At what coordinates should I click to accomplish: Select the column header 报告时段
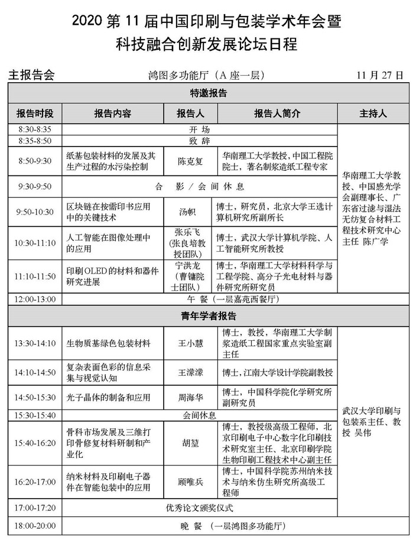(34, 113)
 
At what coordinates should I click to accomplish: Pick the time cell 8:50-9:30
(34, 160)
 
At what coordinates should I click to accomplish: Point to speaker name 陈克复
(191, 160)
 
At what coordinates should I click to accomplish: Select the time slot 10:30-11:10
(34, 242)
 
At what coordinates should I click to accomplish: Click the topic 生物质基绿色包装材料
(108, 343)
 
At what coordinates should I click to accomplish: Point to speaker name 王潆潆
(191, 372)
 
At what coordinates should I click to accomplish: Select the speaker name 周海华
(191, 398)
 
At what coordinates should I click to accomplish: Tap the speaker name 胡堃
(191, 442)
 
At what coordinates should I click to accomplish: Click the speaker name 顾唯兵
(191, 483)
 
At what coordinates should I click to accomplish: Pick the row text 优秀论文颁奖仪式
(200, 508)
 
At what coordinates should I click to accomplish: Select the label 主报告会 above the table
(31, 75)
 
